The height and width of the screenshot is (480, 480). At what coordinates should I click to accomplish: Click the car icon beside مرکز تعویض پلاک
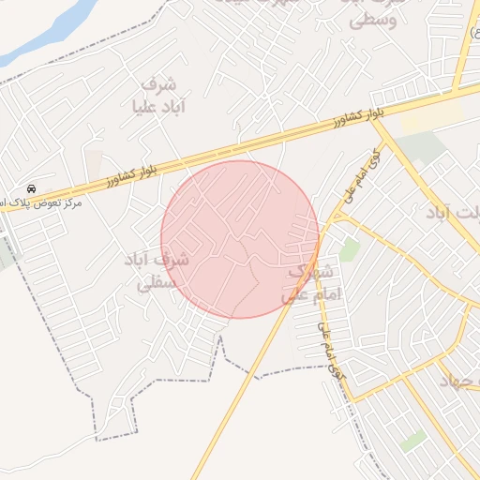tap(32, 188)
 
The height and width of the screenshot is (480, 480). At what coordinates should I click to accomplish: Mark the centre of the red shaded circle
tap(240, 239)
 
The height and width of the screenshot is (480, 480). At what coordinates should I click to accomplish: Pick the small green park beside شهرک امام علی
tap(350, 249)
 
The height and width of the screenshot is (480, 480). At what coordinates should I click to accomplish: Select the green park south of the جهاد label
tap(412, 439)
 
